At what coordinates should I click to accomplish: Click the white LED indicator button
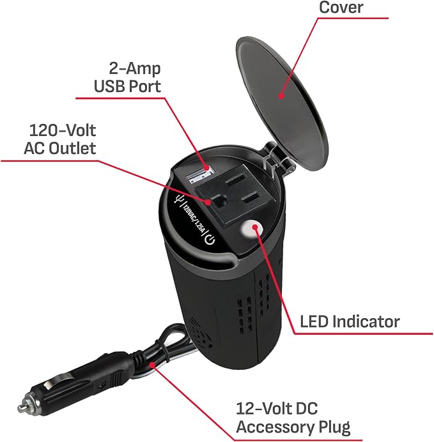click(252, 229)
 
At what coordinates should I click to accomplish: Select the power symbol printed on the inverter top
click(210, 240)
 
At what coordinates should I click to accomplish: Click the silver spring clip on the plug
click(58, 381)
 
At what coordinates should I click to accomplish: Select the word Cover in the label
click(341, 7)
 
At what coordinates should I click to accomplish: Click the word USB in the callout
click(109, 86)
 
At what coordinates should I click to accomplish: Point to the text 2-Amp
click(135, 68)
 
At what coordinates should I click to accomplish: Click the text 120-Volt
click(63, 130)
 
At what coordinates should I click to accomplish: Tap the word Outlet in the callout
click(72, 148)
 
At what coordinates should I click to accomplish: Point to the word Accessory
click(275, 427)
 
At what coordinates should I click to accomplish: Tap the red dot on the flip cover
click(281, 96)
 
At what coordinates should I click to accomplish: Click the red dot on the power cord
click(152, 365)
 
